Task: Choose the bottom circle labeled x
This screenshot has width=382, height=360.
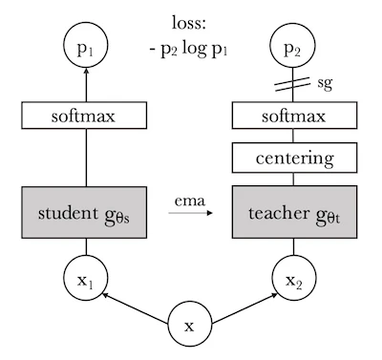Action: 188,326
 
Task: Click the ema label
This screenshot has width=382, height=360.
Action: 189,200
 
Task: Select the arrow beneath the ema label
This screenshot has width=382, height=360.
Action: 189,214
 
